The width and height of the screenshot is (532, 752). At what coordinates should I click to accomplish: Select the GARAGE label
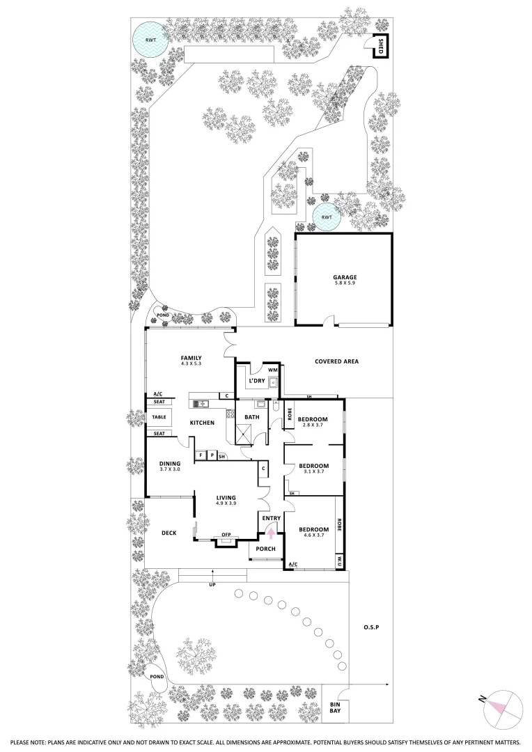pyautogui.click(x=345, y=277)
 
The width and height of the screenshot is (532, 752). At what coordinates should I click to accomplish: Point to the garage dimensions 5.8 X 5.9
pyautogui.click(x=345, y=284)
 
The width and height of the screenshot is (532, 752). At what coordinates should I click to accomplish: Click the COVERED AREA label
pyautogui.click(x=336, y=361)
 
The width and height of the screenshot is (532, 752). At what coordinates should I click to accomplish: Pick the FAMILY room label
pyautogui.click(x=191, y=359)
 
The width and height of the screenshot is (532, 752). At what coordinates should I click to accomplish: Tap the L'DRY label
pyautogui.click(x=258, y=381)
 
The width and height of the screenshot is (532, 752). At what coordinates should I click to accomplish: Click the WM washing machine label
pyautogui.click(x=273, y=370)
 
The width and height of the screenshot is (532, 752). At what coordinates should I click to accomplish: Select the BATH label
pyautogui.click(x=251, y=417)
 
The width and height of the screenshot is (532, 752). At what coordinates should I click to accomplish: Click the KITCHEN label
pyautogui.click(x=203, y=423)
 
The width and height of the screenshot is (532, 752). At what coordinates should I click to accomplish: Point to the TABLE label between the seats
pyautogui.click(x=159, y=418)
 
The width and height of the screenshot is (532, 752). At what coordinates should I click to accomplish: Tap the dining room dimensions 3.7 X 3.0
pyautogui.click(x=170, y=469)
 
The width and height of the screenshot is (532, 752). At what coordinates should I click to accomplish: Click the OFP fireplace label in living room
pyautogui.click(x=226, y=535)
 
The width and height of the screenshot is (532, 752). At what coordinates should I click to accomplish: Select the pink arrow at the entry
pyautogui.click(x=271, y=534)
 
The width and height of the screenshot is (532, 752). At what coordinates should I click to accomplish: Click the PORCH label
pyautogui.click(x=265, y=549)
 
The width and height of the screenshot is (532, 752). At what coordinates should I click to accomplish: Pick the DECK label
pyautogui.click(x=168, y=533)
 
